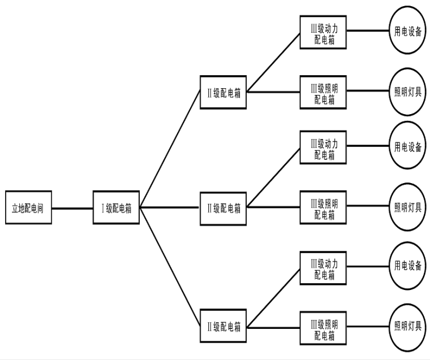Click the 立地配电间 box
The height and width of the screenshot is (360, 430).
point(28,207)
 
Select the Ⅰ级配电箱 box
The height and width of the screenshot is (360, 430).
point(116,207)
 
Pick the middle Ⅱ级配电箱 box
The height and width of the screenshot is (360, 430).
point(223,207)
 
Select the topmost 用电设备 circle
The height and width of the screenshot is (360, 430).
point(407,32)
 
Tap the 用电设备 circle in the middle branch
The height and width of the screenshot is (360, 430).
point(407,148)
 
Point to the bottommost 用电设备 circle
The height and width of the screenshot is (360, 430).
point(407,266)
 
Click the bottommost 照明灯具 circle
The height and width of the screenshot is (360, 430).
point(407,327)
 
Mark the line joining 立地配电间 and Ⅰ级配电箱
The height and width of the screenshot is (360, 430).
point(72,207)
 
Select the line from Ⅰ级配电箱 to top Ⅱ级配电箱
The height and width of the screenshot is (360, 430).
point(170,150)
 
